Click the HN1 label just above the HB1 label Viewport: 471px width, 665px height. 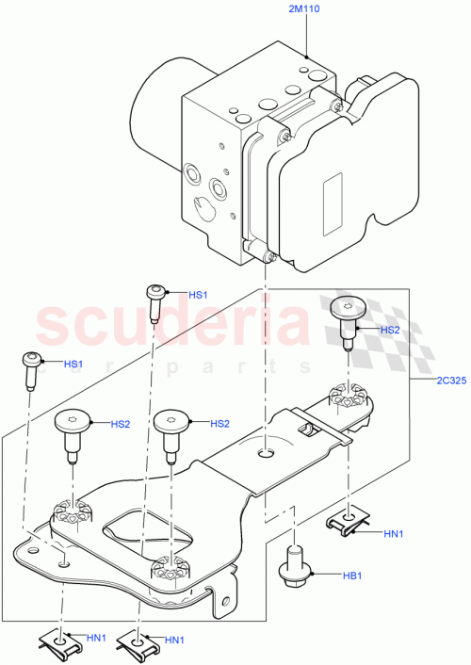[395, 534]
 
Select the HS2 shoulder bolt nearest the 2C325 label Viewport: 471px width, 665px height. [348, 319]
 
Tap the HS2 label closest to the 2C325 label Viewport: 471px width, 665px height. [390, 331]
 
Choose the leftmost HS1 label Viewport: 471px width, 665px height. [73, 364]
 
